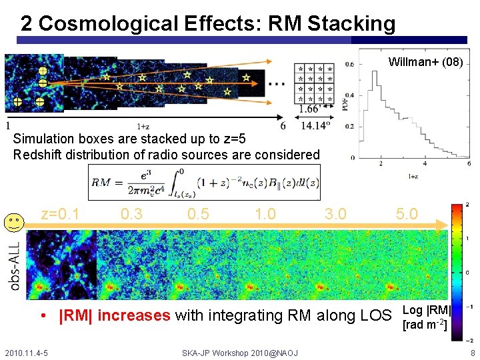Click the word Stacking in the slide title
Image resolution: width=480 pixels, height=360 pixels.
click(x=351, y=24)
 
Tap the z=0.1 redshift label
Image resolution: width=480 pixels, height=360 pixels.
click(x=60, y=214)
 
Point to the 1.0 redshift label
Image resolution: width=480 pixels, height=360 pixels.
click(x=266, y=214)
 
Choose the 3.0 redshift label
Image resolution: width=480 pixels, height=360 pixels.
click(x=335, y=214)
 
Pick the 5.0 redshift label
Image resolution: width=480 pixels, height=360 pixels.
click(x=407, y=214)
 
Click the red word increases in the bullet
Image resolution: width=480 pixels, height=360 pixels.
click(x=133, y=315)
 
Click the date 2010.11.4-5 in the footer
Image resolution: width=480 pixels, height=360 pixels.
click(x=30, y=353)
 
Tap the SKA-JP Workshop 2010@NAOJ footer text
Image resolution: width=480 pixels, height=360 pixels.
click(x=240, y=353)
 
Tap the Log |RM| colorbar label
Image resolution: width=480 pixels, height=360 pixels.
click(x=427, y=309)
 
